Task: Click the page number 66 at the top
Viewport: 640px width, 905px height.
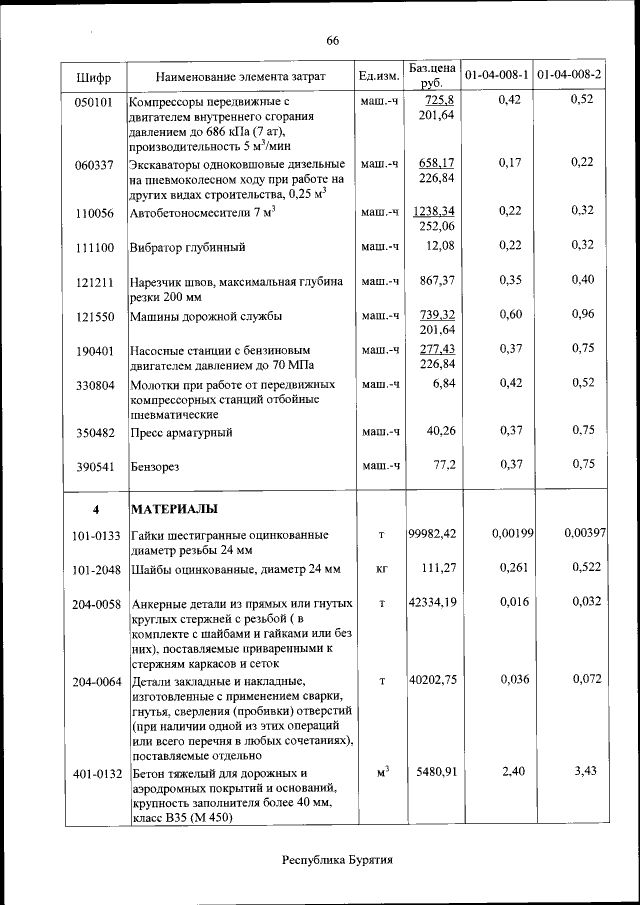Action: [x=333, y=40]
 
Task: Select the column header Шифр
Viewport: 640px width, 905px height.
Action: [x=93, y=76]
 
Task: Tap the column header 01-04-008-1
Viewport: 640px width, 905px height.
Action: [x=497, y=76]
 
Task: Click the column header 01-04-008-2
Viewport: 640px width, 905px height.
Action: [x=569, y=76]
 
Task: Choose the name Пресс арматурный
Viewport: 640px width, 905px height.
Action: [x=182, y=432]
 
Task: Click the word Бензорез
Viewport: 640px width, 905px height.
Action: [x=157, y=466]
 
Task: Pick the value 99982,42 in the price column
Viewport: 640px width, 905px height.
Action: [x=433, y=534]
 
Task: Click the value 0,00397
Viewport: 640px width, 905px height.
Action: [x=584, y=534]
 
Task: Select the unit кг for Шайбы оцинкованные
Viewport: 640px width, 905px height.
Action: [x=381, y=569]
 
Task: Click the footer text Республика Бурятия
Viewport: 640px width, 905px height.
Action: [x=336, y=860]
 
